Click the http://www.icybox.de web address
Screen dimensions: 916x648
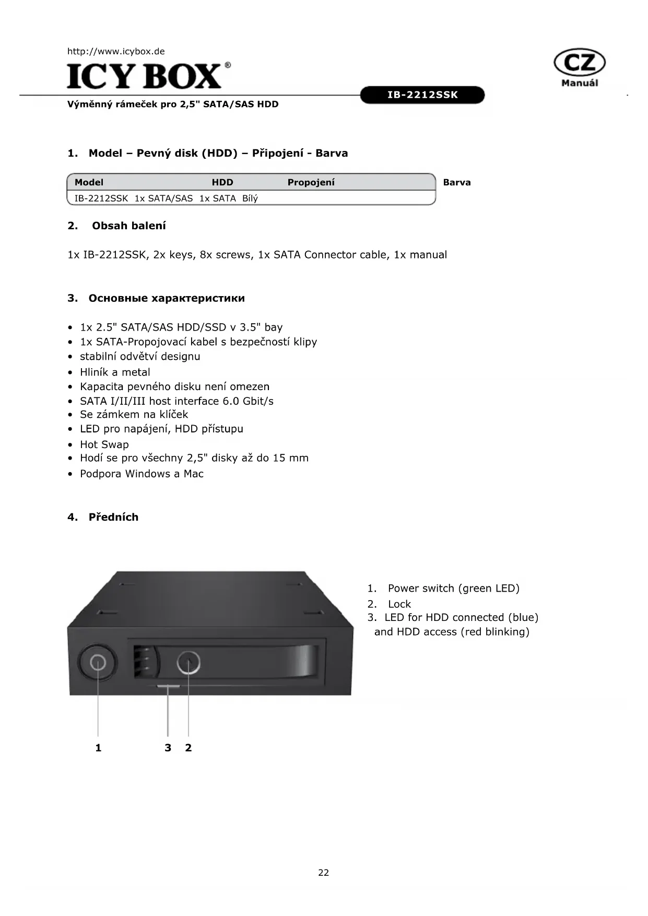point(116,51)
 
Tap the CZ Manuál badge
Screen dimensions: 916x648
point(579,68)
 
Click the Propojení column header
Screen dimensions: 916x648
point(311,182)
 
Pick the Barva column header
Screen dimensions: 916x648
point(457,182)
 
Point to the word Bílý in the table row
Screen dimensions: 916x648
point(250,198)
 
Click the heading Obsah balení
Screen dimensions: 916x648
point(128,226)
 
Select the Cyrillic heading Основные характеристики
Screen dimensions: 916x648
point(167,298)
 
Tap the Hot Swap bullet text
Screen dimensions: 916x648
point(104,444)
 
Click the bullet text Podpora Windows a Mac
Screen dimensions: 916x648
point(142,474)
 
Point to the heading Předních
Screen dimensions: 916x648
point(113,517)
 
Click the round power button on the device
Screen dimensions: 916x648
point(98,663)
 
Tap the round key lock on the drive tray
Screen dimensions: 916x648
point(188,663)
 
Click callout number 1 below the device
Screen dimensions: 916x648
point(98,748)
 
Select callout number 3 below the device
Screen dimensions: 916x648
point(168,748)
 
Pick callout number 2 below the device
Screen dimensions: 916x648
point(188,748)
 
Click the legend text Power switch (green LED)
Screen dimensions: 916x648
point(453,589)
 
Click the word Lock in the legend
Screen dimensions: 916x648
point(399,604)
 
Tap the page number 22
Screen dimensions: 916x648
point(324,873)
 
